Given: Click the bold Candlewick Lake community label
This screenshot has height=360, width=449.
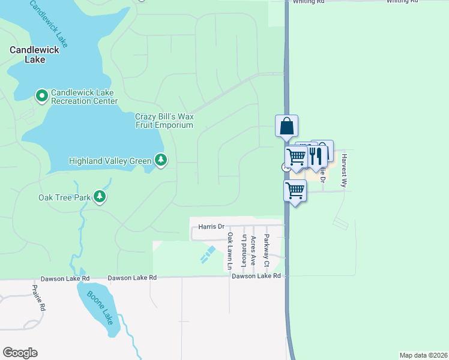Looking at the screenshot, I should [34, 55].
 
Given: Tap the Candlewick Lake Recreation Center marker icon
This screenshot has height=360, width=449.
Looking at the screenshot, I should [41, 96].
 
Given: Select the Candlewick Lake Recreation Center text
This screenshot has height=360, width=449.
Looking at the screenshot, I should [85, 97].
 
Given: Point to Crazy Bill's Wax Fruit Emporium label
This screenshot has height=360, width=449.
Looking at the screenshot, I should [164, 121].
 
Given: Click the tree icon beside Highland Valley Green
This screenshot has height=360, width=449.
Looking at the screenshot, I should [160, 160].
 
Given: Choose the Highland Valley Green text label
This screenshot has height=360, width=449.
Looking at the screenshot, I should [110, 161].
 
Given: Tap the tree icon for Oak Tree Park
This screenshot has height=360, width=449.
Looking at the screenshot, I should [100, 197].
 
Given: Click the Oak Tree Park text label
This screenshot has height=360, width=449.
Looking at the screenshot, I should [64, 197].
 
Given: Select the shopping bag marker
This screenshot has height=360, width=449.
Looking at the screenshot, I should [287, 127].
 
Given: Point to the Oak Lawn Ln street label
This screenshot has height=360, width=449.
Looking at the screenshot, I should [229, 252].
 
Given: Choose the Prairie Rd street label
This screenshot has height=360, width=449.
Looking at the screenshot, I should [38, 297].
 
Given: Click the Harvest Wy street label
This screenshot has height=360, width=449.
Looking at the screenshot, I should [344, 171].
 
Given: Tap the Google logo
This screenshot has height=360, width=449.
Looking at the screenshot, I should [20, 353].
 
